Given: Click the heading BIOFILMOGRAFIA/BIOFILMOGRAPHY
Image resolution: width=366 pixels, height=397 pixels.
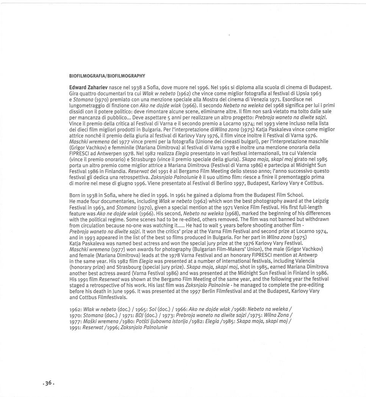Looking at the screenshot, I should [x=107, y=76].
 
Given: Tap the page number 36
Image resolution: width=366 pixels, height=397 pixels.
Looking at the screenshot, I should [x=48, y=383].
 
